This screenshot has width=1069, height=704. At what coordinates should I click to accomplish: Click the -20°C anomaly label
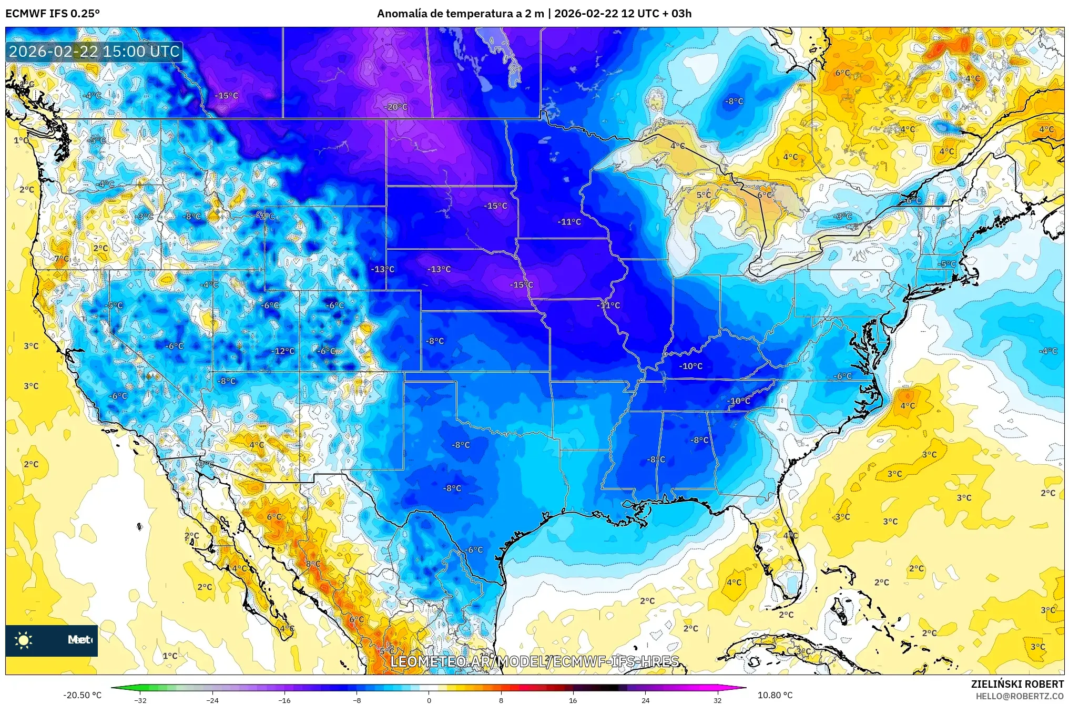[396, 107]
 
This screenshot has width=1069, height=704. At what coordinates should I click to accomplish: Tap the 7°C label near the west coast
[62, 259]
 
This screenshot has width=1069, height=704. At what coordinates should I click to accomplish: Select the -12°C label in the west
[284, 351]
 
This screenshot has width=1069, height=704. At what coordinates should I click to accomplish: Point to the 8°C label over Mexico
[313, 564]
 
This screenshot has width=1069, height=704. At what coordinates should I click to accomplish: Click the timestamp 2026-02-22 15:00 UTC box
[94, 52]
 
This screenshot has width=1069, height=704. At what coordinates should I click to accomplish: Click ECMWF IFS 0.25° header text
[52, 13]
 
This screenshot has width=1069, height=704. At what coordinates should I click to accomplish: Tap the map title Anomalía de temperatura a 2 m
[460, 13]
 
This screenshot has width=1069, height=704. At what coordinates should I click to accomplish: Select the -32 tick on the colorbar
[140, 700]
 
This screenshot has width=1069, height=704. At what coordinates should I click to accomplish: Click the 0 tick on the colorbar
[429, 700]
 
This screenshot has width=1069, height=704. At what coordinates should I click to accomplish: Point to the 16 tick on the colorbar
[573, 700]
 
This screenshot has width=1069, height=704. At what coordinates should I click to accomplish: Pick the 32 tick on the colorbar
[717, 700]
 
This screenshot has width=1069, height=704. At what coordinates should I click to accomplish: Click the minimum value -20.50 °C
[83, 695]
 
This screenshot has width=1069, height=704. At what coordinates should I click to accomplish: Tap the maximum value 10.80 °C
[775, 695]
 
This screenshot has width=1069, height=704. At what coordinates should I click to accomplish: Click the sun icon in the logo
[24, 640]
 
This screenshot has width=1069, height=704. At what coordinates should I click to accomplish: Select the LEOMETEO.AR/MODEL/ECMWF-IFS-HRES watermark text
[535, 661]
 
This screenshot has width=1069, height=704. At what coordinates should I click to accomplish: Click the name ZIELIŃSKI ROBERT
[1017, 684]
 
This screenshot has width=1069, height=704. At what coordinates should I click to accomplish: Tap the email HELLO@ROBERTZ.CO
[1020, 696]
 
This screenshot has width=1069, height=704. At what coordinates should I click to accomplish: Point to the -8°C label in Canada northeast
[734, 101]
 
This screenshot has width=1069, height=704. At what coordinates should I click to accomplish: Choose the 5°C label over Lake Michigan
[704, 195]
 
